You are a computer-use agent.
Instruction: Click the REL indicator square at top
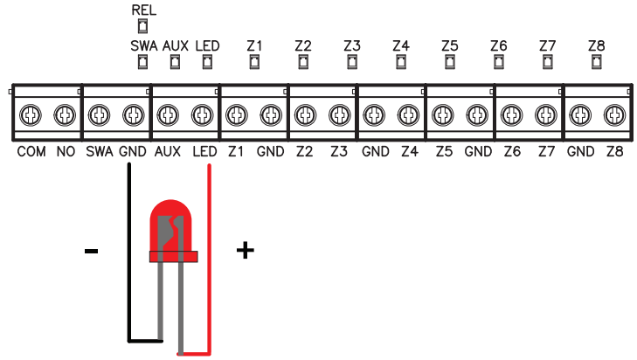(x=142, y=27)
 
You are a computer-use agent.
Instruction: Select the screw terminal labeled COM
(x=31, y=114)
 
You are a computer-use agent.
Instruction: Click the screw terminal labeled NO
(x=64, y=114)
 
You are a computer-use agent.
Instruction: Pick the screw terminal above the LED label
(x=203, y=114)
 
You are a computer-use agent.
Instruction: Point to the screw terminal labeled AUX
(x=168, y=114)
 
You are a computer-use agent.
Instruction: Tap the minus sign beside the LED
(x=91, y=253)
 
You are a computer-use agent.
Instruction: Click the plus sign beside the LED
(x=246, y=252)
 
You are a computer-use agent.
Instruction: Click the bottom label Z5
(x=443, y=152)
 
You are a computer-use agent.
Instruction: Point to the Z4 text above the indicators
(x=401, y=45)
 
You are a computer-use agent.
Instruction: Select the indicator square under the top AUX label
(x=175, y=61)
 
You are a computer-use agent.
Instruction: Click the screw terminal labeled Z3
(x=339, y=114)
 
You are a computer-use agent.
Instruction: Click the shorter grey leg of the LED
(x=162, y=297)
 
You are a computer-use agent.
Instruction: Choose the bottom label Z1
(x=235, y=152)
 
